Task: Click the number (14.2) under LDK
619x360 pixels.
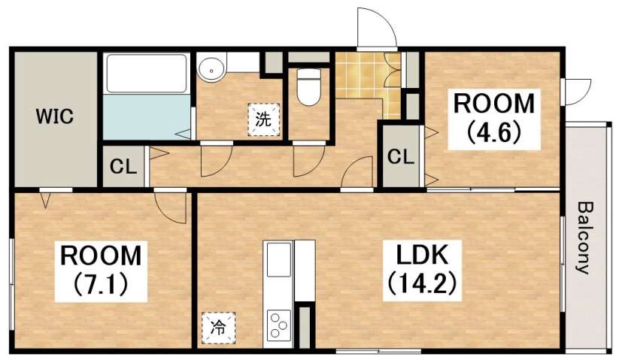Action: [422, 283]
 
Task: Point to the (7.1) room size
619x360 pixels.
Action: [100, 284]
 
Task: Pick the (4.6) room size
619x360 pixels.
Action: [493, 132]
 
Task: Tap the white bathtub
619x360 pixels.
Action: [147, 73]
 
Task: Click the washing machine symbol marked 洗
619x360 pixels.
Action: [262, 118]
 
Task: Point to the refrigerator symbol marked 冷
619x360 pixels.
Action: [217, 327]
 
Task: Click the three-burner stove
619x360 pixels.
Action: [278, 326]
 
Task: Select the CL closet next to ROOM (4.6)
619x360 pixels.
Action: [401, 157]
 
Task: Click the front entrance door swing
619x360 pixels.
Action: [375, 30]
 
